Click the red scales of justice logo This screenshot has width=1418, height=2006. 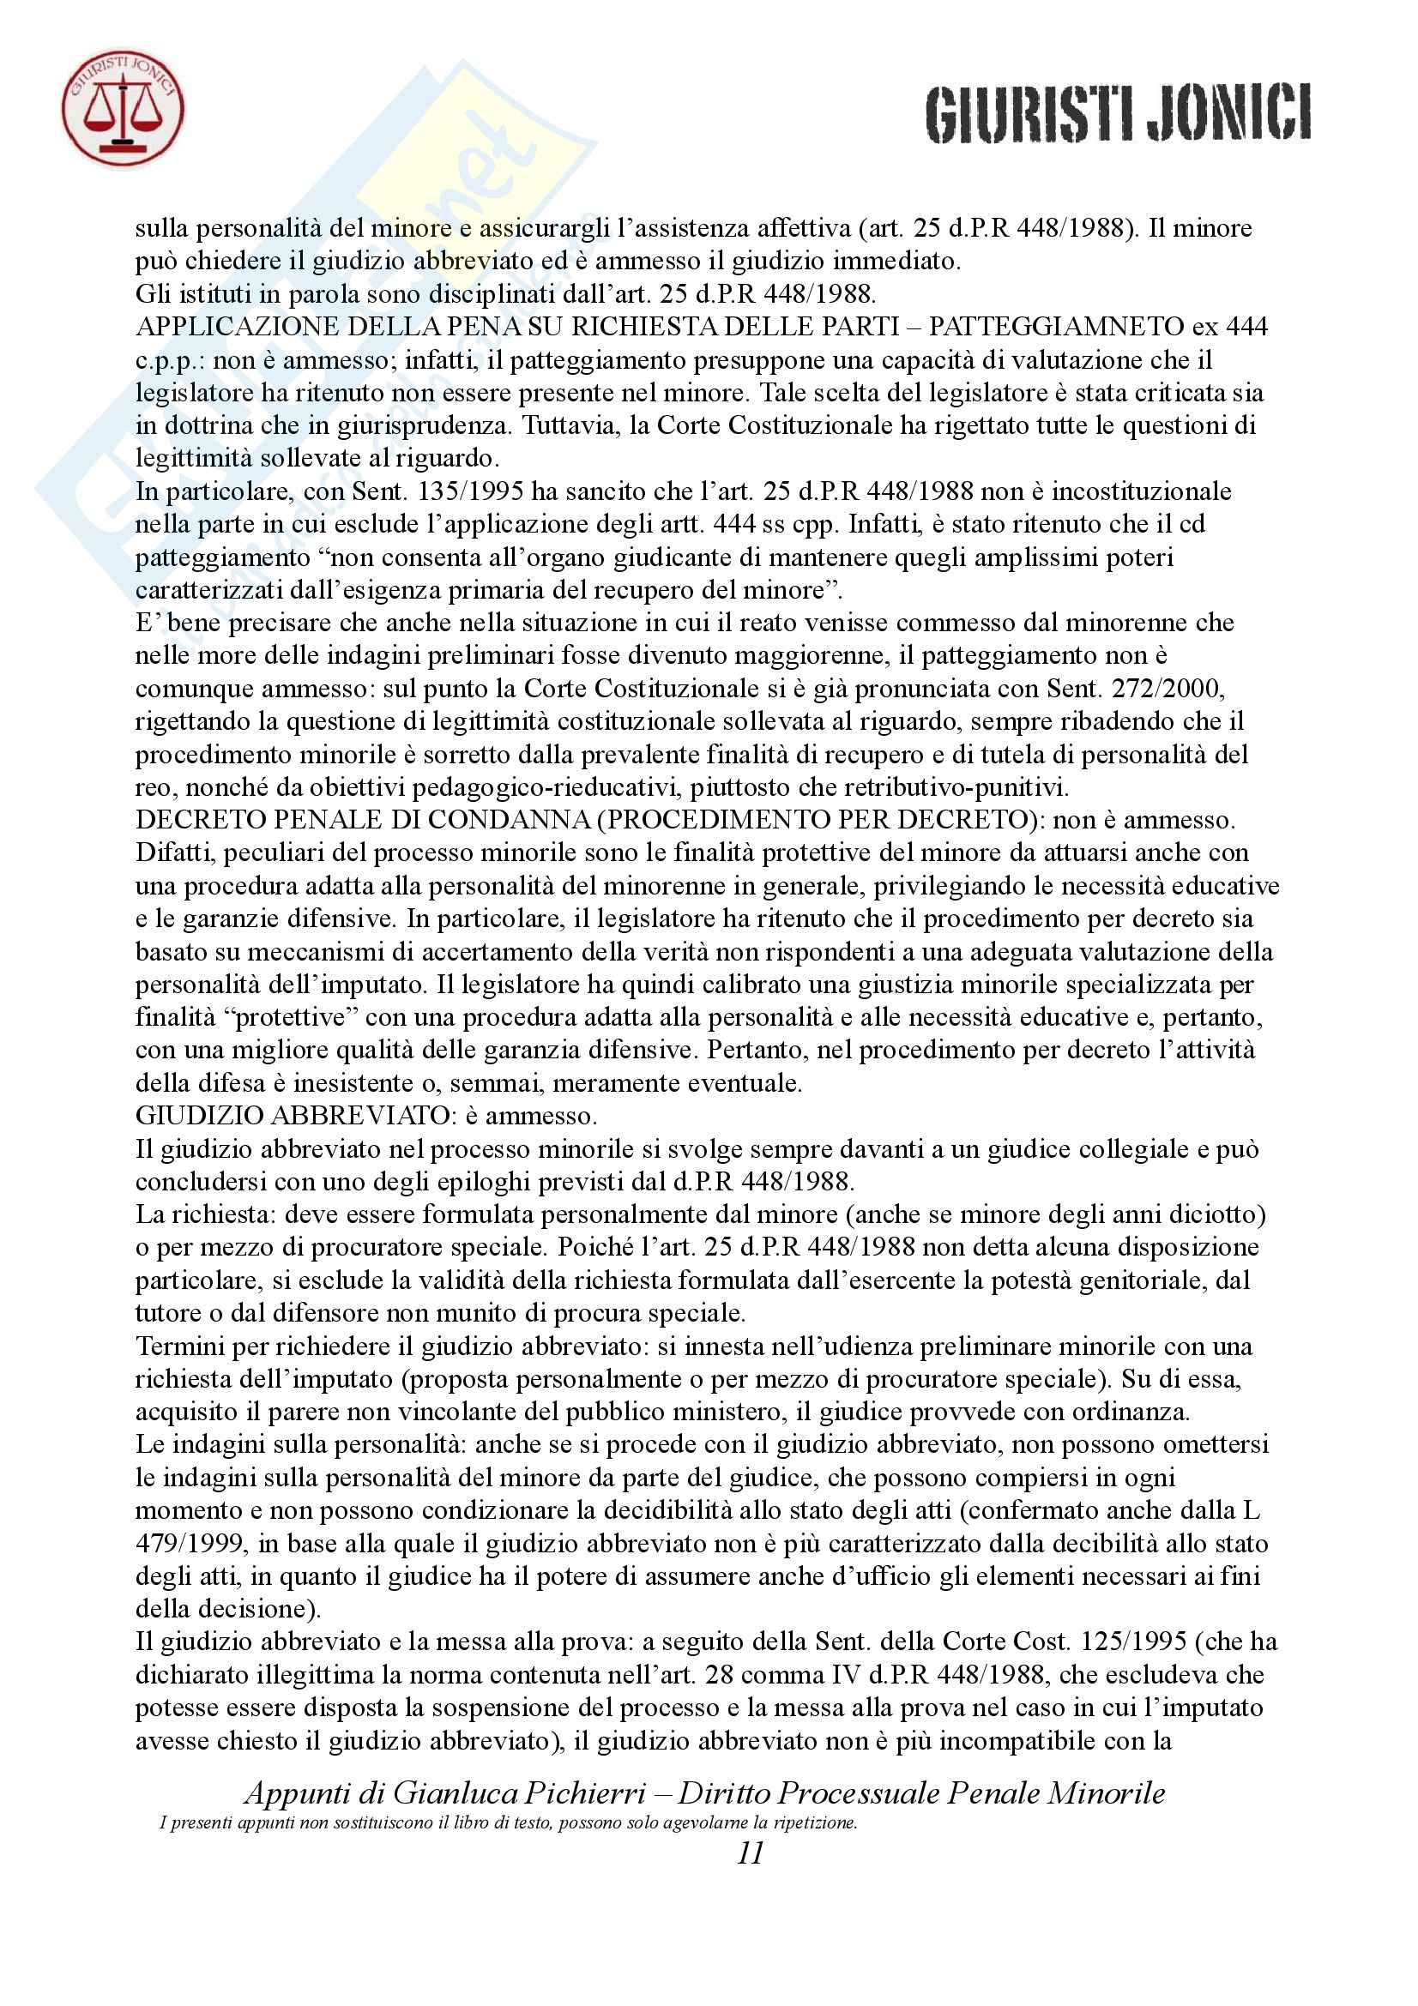[123, 109]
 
